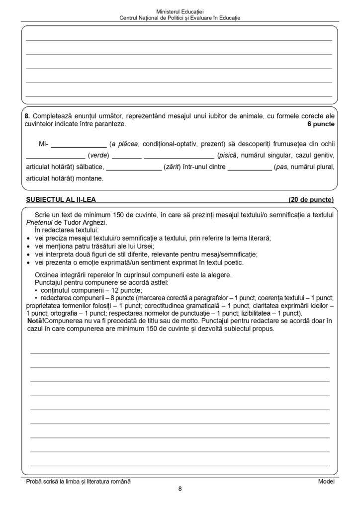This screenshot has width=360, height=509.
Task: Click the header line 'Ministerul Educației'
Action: pos(180,10)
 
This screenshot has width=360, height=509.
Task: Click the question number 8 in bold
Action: pos(27,115)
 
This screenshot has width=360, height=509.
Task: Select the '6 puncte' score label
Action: pos(321,123)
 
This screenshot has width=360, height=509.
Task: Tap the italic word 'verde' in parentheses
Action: pos(98,155)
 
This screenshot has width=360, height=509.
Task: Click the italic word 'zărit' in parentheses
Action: pos(172,167)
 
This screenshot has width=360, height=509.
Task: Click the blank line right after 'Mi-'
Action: pos(79,145)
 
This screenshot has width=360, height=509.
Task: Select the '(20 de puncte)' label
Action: pos(311,200)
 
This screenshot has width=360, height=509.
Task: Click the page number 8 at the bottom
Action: pos(180,489)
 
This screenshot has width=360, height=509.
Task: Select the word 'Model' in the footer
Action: pos(326,481)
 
